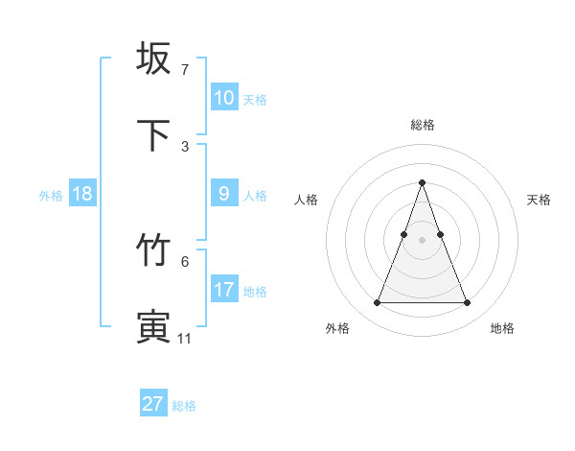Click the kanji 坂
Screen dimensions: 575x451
tap(153, 59)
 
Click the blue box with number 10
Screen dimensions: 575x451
tap(223, 98)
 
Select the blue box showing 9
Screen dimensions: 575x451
tap(223, 194)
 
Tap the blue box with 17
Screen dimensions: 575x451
tap(223, 290)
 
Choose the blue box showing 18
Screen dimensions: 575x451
tap(82, 194)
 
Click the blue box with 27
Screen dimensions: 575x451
tap(153, 404)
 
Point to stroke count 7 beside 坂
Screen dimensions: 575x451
tap(185, 70)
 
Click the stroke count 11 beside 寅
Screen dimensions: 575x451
tap(185, 338)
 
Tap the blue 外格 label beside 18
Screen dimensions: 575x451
tap(51, 196)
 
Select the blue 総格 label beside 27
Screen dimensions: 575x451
tap(184, 406)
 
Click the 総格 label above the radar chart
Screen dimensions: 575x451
tap(422, 125)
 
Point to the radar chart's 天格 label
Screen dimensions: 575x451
tap(539, 200)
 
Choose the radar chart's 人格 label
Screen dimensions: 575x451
tap(306, 200)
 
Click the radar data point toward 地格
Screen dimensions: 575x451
tap(467, 303)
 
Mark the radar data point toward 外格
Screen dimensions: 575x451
tap(377, 303)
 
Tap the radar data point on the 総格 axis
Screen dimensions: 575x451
tap(422, 182)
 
